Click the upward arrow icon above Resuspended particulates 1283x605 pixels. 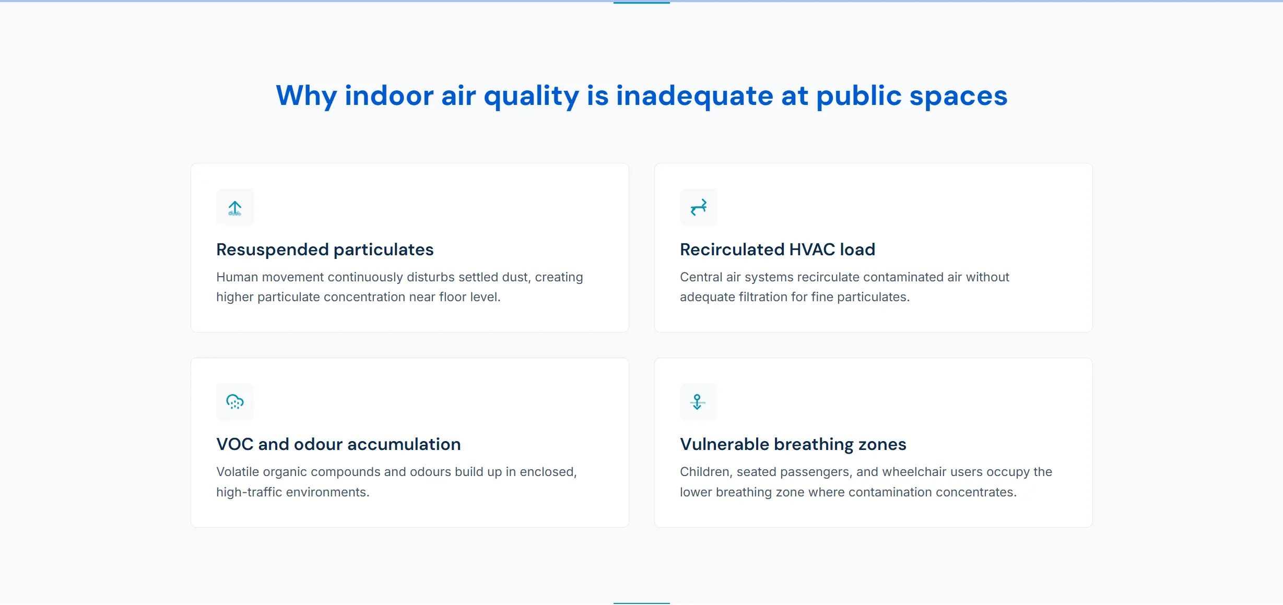click(x=235, y=208)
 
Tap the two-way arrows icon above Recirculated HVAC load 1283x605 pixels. click(x=699, y=208)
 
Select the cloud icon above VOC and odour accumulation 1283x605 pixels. click(x=235, y=402)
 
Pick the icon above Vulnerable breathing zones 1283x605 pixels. click(x=698, y=402)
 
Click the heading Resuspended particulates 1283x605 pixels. click(x=325, y=250)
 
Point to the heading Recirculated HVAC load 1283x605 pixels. click(x=777, y=250)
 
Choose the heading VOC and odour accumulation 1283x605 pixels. click(x=338, y=444)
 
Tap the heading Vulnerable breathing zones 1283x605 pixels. click(x=793, y=444)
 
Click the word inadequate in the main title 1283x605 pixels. click(x=695, y=96)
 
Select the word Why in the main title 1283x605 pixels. click(x=307, y=96)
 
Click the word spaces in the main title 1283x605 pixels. click(x=958, y=96)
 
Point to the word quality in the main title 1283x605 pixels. click(x=531, y=96)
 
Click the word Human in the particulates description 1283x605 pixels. click(x=237, y=277)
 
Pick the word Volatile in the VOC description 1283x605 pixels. click(x=238, y=472)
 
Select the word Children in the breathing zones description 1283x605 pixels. click(x=705, y=472)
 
